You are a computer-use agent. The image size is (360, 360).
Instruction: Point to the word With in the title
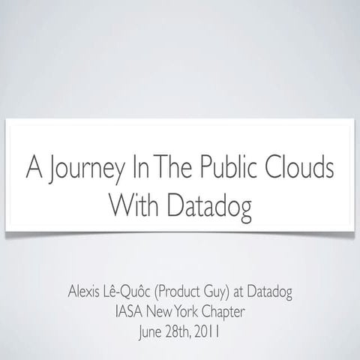pyautogui.click(x=133, y=203)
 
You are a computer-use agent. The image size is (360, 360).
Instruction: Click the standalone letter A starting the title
pyautogui.click(x=32, y=167)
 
